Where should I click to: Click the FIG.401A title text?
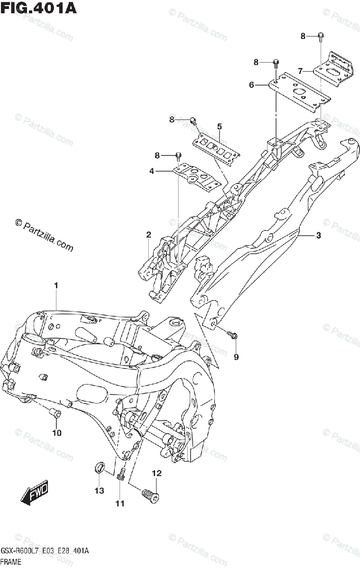[38, 8]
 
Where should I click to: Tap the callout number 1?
[56, 286]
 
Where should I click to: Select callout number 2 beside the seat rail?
[148, 235]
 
